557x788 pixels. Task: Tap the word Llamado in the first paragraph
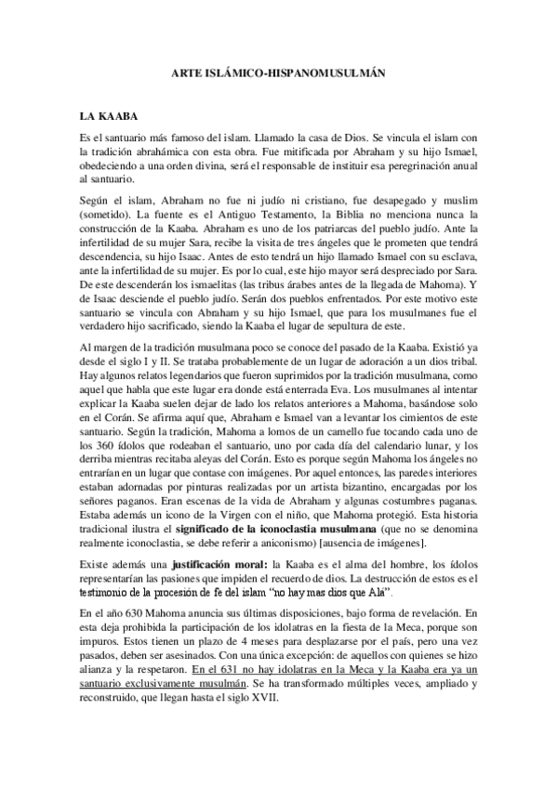tap(285, 137)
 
